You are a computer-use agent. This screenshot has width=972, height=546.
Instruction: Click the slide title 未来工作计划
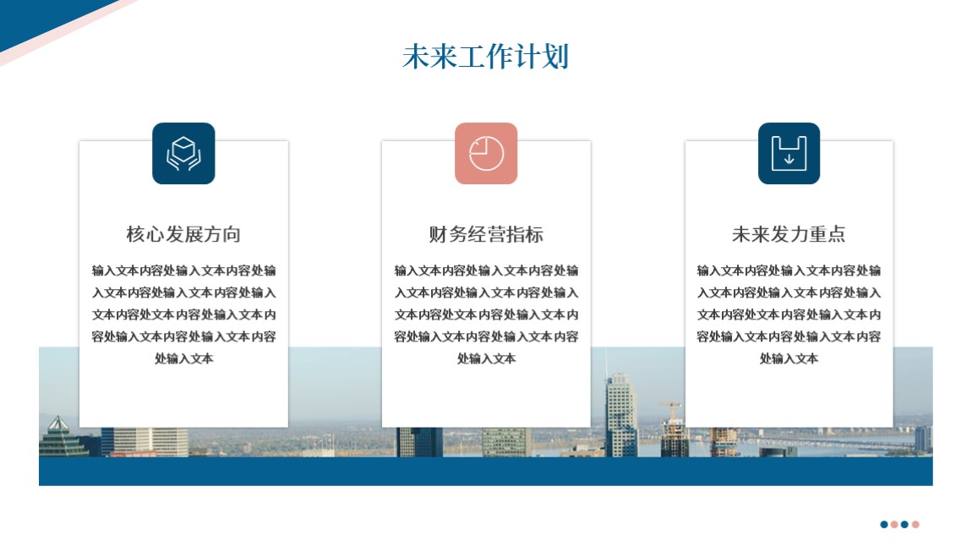[485, 57]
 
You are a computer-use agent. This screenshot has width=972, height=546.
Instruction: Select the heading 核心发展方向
[183, 234]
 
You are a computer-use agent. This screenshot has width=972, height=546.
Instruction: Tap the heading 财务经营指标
[486, 234]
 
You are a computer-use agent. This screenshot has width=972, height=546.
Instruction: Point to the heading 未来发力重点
[789, 234]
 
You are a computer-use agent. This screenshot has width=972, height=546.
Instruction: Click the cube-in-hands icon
[183, 153]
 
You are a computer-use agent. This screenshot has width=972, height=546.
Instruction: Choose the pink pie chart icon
[486, 153]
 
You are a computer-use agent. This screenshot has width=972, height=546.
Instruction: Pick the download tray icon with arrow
[789, 153]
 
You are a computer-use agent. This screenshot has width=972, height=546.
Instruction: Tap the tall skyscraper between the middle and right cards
[621, 414]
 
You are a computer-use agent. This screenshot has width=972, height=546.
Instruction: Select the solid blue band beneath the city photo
[485, 472]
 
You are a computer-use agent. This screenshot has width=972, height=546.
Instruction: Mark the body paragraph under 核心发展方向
[183, 314]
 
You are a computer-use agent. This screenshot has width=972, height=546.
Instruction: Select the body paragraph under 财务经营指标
[486, 314]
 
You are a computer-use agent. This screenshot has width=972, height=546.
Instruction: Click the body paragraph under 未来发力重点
[789, 314]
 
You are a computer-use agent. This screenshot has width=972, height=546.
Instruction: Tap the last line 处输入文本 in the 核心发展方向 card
[183, 358]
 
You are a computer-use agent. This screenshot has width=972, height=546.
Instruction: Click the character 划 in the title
[556, 57]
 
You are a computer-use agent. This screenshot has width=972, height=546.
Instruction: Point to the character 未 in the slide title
[415, 57]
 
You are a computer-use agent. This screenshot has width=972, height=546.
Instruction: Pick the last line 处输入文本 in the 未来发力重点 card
[789, 358]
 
